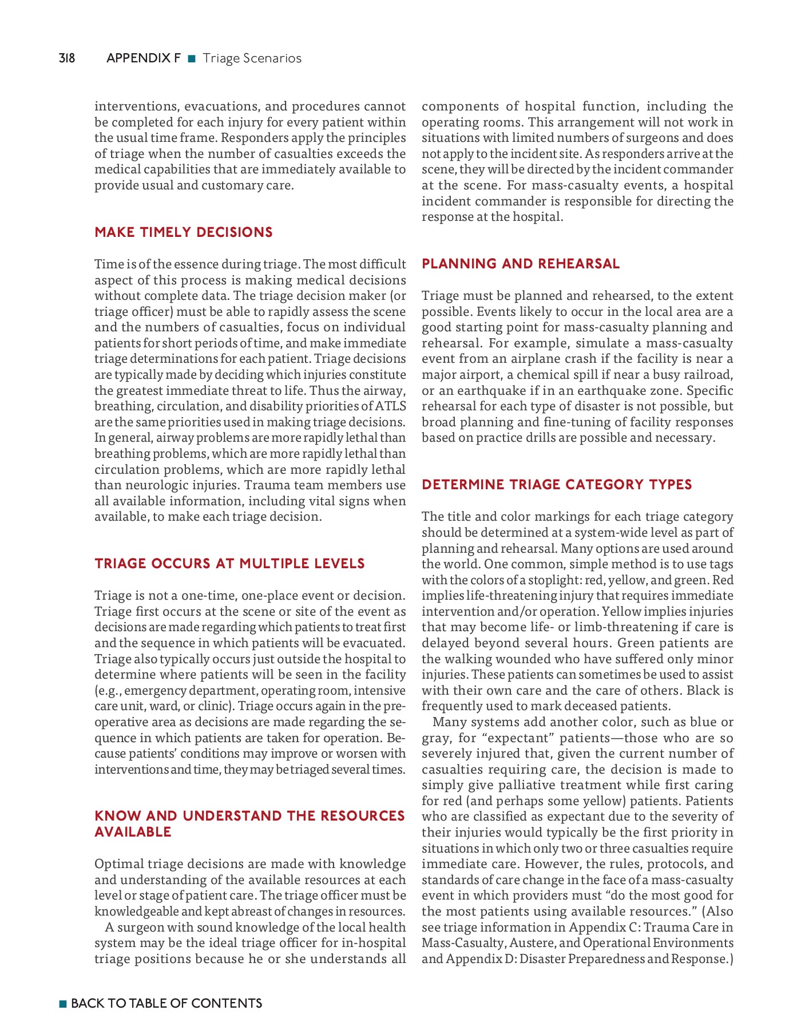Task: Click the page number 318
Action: coord(66,58)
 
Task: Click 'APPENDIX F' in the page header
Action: coord(143,58)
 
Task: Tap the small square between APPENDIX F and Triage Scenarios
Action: coord(192,58)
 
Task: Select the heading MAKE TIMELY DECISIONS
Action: coord(184,232)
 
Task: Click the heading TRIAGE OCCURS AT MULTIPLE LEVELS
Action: coord(229,564)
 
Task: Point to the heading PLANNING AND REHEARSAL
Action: coord(521,264)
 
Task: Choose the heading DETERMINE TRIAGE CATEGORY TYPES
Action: coord(557,485)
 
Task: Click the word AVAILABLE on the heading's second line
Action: coord(133,832)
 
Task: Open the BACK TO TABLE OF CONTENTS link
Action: coord(166,1003)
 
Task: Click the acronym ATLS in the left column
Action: coord(391,406)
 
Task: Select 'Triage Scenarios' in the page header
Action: coord(252,58)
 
